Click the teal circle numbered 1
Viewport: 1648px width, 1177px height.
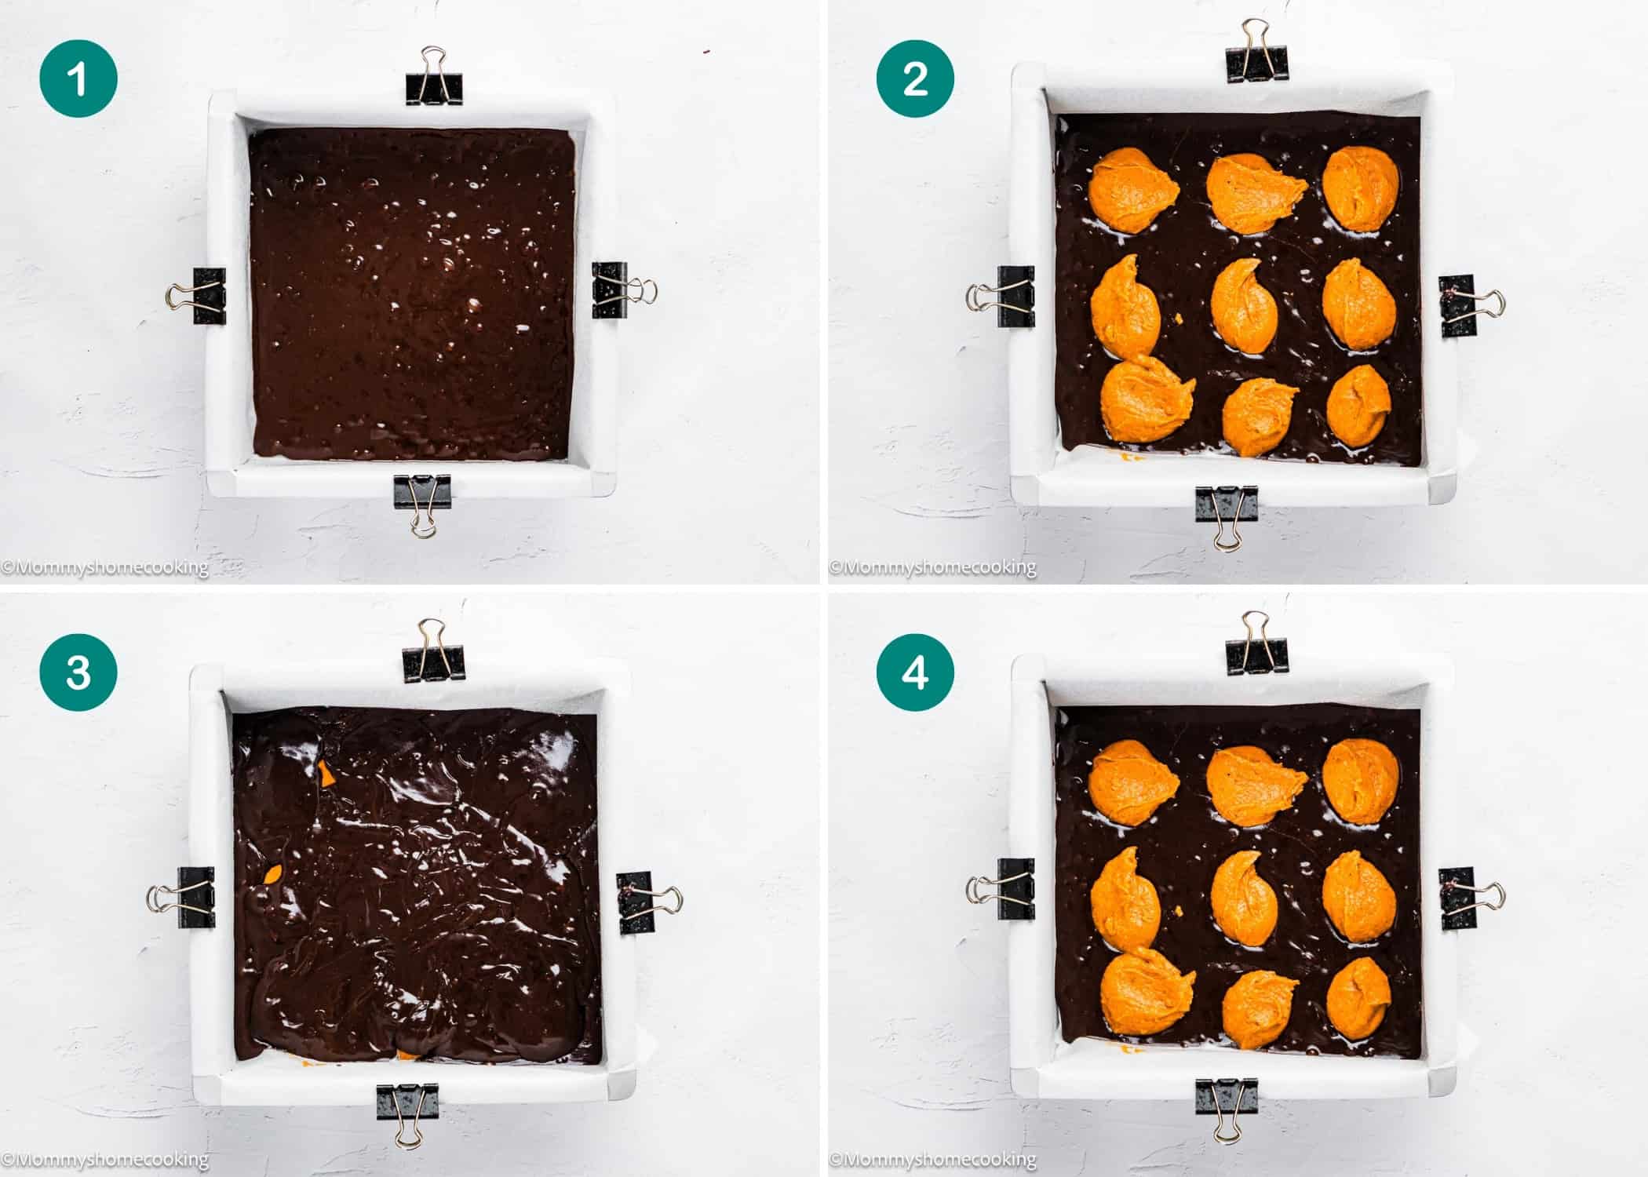click(78, 79)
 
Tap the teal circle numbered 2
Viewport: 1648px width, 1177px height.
click(915, 79)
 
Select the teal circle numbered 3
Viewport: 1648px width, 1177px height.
click(78, 672)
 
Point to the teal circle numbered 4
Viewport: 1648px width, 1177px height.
click(915, 672)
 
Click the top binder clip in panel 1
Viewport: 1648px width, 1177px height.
click(434, 78)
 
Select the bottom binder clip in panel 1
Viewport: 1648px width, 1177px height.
click(422, 502)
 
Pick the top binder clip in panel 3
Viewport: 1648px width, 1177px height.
click(432, 653)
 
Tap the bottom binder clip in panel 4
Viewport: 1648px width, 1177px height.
click(1226, 1106)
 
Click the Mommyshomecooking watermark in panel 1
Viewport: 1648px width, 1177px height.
click(105, 567)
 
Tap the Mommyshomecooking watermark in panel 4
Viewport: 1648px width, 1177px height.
click(933, 1159)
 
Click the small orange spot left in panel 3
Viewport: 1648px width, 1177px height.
click(274, 874)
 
